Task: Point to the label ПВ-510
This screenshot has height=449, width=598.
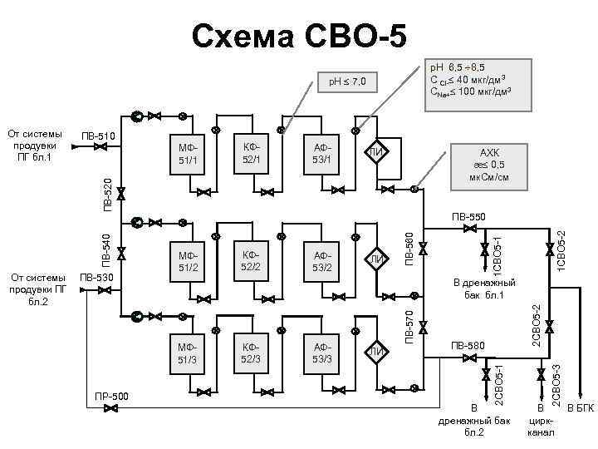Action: [99, 136]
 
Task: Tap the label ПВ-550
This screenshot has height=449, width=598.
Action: [470, 219]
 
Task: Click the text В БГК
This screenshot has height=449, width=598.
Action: [581, 407]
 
